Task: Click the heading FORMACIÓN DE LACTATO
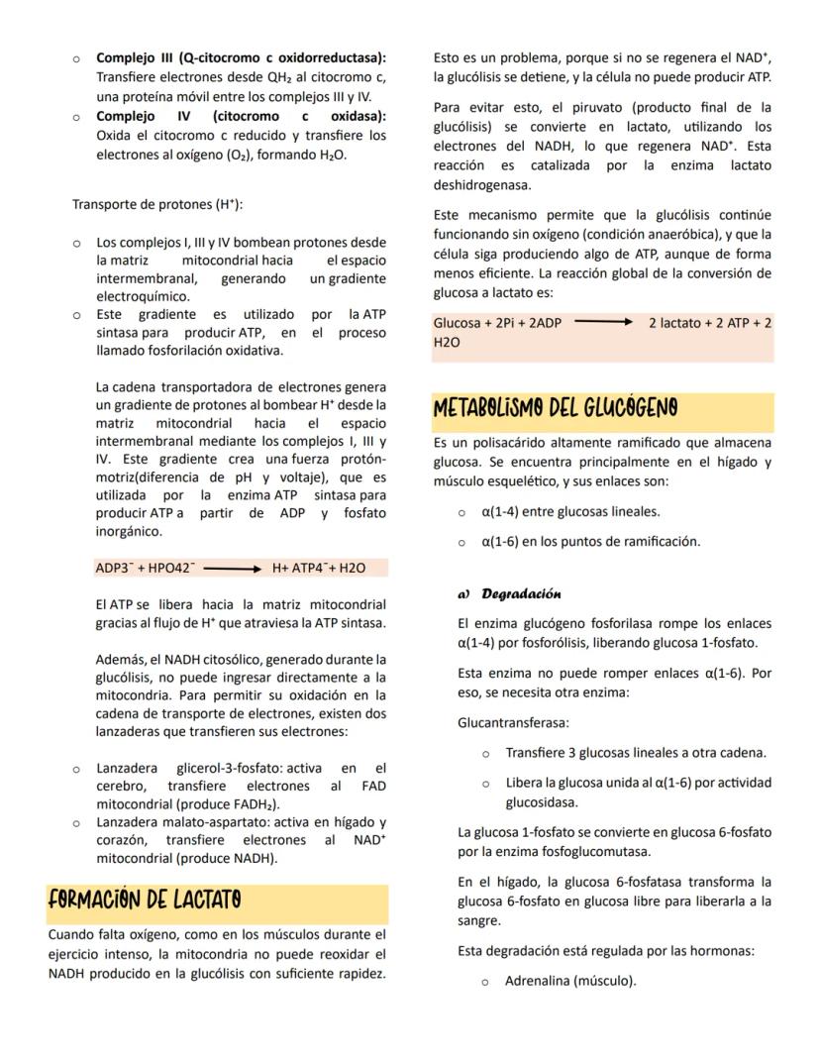pyautogui.click(x=144, y=901)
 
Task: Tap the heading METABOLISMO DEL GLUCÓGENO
pyautogui.click(x=556, y=408)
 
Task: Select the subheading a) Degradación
pyautogui.click(x=509, y=593)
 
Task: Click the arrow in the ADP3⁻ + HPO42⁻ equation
pyautogui.click(x=232, y=568)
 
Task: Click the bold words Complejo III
pyautogui.click(x=134, y=58)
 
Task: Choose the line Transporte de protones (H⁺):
pyautogui.click(x=157, y=205)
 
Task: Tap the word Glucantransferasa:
pyautogui.click(x=506, y=723)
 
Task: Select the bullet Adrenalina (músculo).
pyautogui.click(x=569, y=981)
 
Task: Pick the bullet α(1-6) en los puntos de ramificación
pyautogui.click(x=590, y=541)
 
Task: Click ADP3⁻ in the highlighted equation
pyautogui.click(x=114, y=568)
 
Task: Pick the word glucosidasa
pyautogui.click(x=542, y=801)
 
